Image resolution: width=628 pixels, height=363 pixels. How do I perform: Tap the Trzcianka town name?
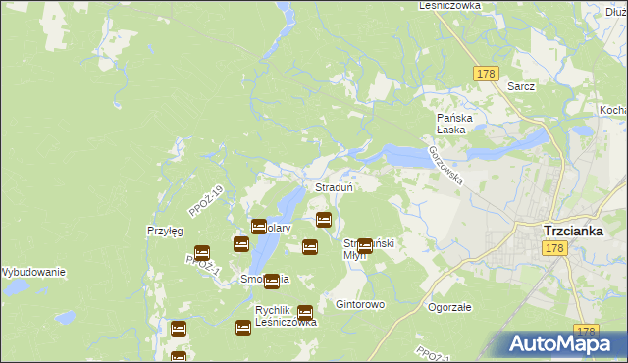tap(579, 232)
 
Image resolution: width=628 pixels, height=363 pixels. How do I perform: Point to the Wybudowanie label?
tap(32, 272)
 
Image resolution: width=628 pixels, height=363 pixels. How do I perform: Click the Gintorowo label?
tap(360, 305)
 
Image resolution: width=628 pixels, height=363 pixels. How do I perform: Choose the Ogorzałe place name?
tap(450, 306)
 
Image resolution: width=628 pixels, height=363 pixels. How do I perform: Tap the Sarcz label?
tap(521, 86)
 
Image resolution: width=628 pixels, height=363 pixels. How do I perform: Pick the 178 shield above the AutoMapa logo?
tap(587, 332)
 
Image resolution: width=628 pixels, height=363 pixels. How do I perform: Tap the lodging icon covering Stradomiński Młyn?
tap(365, 246)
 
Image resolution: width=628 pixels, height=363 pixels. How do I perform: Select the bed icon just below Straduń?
tap(323, 220)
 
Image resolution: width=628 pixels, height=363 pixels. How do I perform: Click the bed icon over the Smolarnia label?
tap(272, 281)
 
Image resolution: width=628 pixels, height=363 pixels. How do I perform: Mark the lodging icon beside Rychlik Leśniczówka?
tap(305, 312)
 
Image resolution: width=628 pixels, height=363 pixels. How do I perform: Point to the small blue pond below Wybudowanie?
tap(65, 318)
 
